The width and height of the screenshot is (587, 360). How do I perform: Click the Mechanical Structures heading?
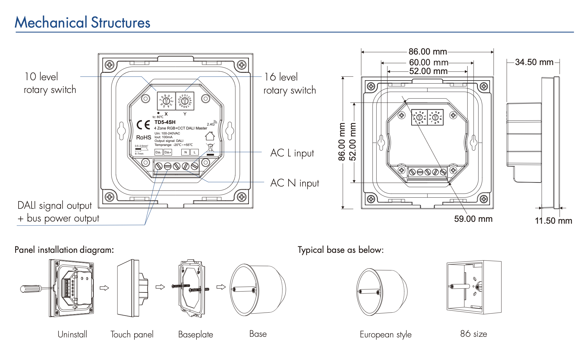[82, 23]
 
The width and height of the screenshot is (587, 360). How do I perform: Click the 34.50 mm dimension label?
[534, 62]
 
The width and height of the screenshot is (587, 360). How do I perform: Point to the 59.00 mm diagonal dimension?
[473, 219]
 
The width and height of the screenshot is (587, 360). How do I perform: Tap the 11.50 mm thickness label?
[553, 221]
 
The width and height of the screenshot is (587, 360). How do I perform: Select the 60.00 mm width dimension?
[428, 63]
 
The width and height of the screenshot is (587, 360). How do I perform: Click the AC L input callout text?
[292, 153]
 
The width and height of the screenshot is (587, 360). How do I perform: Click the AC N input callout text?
[294, 183]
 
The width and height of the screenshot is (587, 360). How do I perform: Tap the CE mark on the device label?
[143, 125]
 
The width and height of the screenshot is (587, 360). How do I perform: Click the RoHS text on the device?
[143, 138]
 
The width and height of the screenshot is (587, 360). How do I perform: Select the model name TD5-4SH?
[165, 122]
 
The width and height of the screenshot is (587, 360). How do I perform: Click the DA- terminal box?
[158, 152]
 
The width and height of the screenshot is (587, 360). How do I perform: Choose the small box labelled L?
[195, 152]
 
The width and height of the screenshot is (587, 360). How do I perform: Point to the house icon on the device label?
[210, 136]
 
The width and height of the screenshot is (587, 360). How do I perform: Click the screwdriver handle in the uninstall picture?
[30, 289]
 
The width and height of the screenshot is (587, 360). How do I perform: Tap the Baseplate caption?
[196, 335]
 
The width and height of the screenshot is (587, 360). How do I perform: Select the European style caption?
[385, 335]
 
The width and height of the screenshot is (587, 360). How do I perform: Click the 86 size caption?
[473, 334]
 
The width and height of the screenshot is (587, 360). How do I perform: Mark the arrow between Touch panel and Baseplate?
[160, 287]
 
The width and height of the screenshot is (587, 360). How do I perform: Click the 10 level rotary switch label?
[50, 83]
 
